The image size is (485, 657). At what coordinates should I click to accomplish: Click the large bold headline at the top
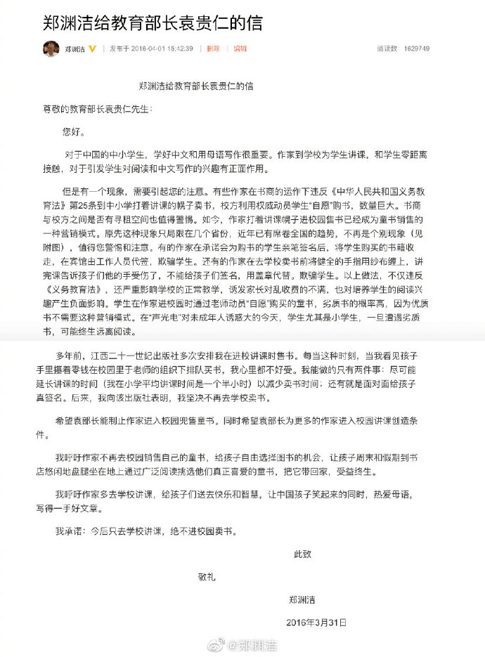point(152,22)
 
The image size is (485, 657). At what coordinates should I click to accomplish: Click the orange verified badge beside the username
point(92,49)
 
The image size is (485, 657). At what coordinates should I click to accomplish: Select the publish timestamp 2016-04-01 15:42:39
point(162,49)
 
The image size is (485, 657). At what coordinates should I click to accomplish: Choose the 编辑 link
point(240,49)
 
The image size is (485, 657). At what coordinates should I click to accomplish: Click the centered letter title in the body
point(196,86)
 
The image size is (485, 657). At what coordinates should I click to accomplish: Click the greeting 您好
point(72,131)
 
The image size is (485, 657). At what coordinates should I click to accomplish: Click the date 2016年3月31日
point(316,623)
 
